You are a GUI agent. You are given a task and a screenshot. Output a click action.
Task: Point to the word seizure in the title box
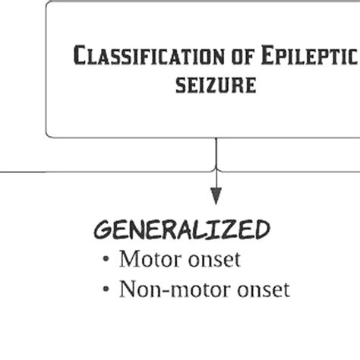point(216,84)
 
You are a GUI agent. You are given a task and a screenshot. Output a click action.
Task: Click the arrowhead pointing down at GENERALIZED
point(216,196)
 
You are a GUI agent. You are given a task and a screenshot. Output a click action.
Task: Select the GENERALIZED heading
point(182,229)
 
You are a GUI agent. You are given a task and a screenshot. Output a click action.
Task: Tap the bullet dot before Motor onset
point(106,261)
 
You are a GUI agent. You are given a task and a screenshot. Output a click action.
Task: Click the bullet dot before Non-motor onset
point(106,291)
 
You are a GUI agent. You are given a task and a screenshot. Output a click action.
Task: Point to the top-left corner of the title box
point(49,5)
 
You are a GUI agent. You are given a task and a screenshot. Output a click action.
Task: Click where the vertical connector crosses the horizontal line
point(216,171)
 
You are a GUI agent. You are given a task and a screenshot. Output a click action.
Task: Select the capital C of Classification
point(80,56)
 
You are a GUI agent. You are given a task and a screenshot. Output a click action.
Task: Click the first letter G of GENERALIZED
point(102,229)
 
